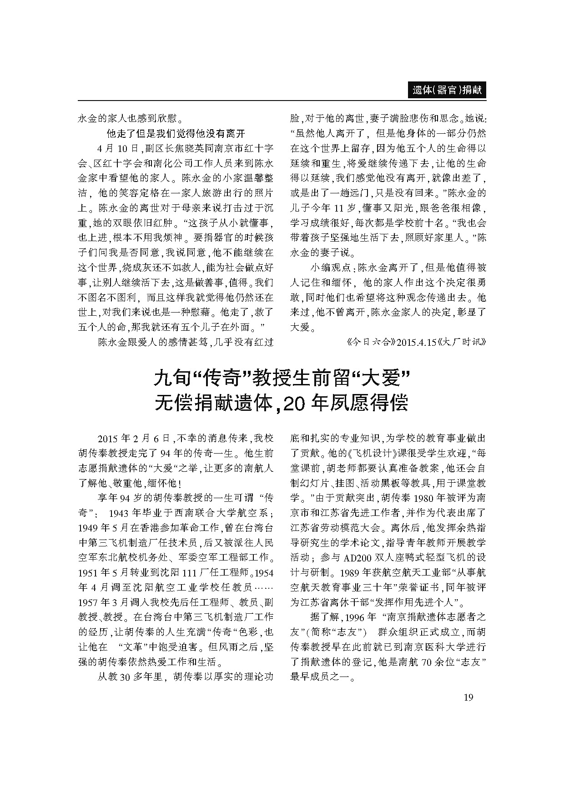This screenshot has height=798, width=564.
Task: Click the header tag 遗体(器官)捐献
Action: coord(446,90)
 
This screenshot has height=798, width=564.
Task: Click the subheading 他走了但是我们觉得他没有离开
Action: coord(176,133)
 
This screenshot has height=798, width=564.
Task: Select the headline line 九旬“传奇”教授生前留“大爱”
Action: coord(282,378)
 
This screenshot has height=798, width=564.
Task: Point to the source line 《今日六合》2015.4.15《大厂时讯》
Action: coord(413,342)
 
